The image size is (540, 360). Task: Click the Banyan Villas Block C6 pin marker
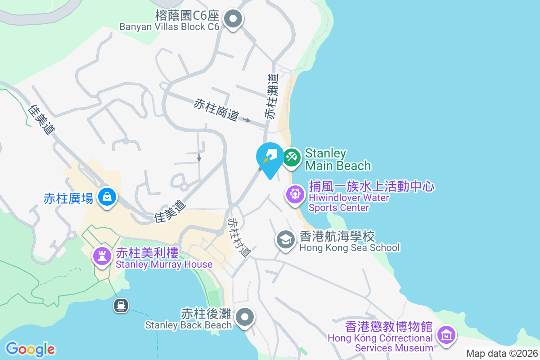(233, 19)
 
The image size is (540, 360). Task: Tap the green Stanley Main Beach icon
(292, 158)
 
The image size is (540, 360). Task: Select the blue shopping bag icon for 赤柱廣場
(107, 197)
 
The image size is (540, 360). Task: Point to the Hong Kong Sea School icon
(285, 240)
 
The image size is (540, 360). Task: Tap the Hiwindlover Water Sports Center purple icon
(295, 195)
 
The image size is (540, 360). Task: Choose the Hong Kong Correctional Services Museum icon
(446, 335)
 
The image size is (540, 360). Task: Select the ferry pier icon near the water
(121, 306)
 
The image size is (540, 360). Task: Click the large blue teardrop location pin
(270, 158)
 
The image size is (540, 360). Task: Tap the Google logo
(31, 349)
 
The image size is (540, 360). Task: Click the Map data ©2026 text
(501, 353)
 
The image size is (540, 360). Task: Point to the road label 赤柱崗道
(216, 110)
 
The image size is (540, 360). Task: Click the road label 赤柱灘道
(271, 97)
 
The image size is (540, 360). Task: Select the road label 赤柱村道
(238, 237)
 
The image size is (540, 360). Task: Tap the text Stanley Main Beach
(337, 159)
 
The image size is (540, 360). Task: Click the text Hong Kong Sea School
(349, 247)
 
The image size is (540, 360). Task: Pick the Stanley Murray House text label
(164, 264)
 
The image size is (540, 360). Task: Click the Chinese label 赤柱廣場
(68, 198)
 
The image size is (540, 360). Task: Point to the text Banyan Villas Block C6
(169, 27)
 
